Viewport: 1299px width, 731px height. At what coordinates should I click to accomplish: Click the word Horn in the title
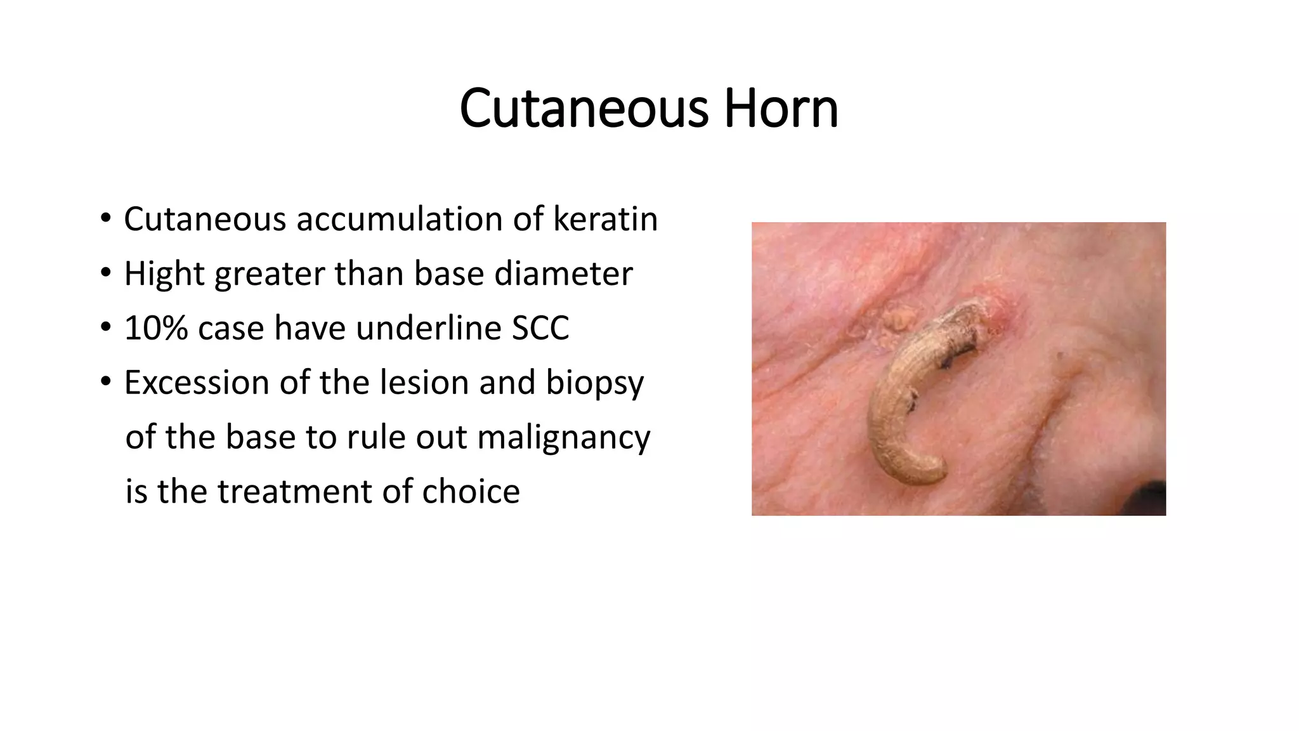tap(781, 109)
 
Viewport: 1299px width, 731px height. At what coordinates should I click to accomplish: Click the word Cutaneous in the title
tap(584, 109)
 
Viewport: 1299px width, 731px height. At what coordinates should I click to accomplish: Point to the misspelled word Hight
tap(164, 274)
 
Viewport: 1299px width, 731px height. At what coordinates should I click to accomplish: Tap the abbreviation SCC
tap(540, 328)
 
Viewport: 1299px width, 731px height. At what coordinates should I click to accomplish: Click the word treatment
tap(297, 492)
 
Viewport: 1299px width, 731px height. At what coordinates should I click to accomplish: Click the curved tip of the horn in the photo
tap(932, 473)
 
